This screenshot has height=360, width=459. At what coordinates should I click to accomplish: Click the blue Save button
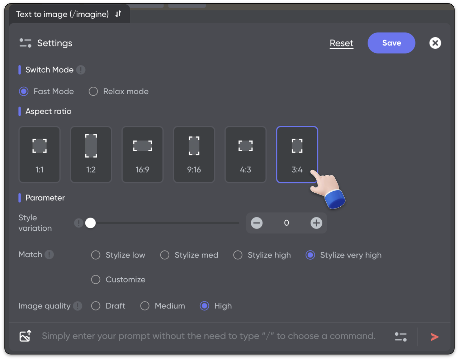pos(391,43)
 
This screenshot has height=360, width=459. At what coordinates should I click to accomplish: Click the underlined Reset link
pos(341,43)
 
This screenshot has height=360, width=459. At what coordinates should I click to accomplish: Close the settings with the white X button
pos(435,43)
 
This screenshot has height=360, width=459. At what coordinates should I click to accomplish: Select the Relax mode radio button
pos(93,92)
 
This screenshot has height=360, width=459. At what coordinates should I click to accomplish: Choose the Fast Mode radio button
pos(24,92)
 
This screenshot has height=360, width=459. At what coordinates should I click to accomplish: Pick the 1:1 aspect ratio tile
pos(39,155)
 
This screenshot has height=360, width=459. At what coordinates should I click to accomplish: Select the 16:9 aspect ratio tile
pos(142,155)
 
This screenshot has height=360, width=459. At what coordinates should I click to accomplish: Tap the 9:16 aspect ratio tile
pos(194,155)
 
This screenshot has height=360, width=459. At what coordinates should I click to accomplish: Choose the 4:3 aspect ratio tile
pos(245,155)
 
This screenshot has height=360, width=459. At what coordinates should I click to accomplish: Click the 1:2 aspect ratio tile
pos(91,155)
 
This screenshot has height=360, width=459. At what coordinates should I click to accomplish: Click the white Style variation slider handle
pos(90,223)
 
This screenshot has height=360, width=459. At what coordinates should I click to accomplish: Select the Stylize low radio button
pos(96,255)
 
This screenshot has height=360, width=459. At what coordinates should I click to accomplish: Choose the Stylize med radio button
pos(165,255)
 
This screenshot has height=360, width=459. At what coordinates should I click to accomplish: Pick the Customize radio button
pos(96,279)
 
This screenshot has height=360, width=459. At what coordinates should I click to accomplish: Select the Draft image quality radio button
pos(96,306)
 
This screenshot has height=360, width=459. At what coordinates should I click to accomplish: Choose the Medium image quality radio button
pos(145,306)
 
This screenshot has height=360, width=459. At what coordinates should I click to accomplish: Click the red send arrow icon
pos(434,337)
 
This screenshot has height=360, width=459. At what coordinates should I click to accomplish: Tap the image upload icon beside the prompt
pos(25,336)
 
